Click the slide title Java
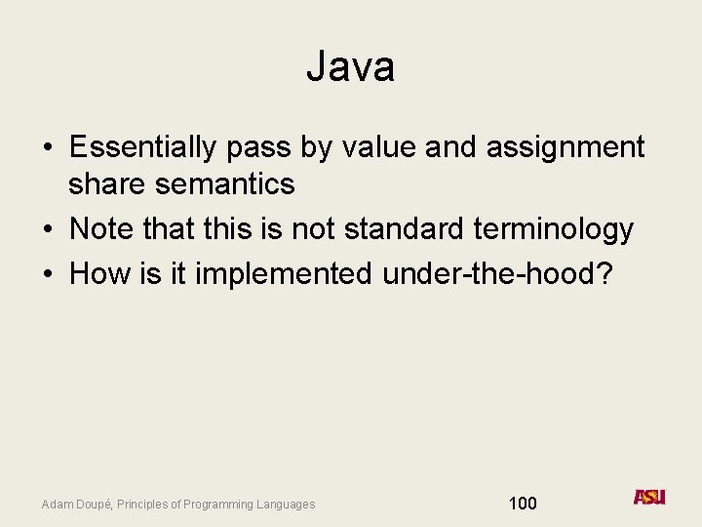click(x=350, y=67)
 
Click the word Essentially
click(x=143, y=147)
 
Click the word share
click(x=102, y=182)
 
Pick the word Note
click(x=102, y=229)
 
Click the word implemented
click(x=284, y=275)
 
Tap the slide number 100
click(x=523, y=504)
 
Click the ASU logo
click(x=649, y=497)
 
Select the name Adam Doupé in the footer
click(x=75, y=505)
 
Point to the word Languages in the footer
click(x=288, y=505)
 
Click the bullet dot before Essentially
click(x=47, y=148)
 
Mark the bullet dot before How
click(x=47, y=275)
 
